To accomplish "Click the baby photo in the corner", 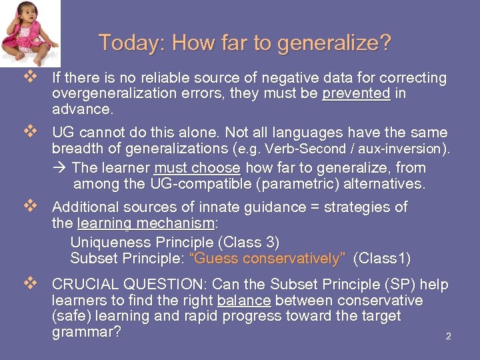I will [x=29, y=33].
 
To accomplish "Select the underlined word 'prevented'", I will [x=356, y=93].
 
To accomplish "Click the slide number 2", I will [x=448, y=337].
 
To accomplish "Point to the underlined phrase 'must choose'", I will [x=197, y=168].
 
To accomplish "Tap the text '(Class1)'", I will [x=381, y=258].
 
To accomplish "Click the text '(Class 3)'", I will [x=248, y=241].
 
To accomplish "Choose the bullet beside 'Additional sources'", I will [x=28, y=207].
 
